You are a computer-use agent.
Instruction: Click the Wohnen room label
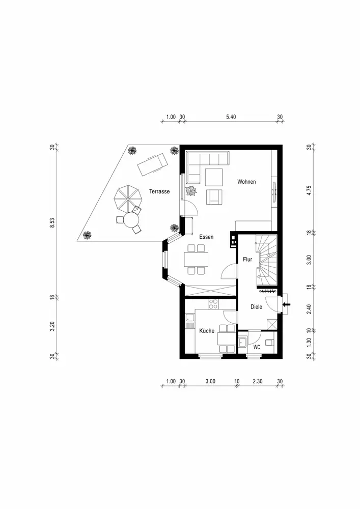(x=246, y=182)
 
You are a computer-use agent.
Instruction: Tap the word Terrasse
(x=159, y=191)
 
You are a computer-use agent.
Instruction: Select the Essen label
(x=206, y=237)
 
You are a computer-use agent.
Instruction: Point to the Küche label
(x=207, y=331)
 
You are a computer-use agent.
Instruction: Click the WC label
(x=257, y=347)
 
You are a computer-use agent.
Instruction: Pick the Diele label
(x=257, y=307)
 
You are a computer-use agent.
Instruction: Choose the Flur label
(x=247, y=260)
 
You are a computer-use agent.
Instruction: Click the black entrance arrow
(x=287, y=304)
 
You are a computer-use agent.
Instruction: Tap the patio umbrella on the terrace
(x=126, y=197)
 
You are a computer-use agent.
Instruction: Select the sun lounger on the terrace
(x=152, y=164)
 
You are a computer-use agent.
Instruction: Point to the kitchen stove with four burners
(x=213, y=304)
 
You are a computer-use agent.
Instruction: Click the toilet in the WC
(x=270, y=342)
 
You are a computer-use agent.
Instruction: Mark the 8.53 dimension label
(x=52, y=223)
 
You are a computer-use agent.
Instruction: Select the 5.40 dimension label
(x=231, y=117)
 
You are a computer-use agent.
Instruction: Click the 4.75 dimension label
(x=309, y=190)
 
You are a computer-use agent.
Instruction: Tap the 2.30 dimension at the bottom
(x=258, y=381)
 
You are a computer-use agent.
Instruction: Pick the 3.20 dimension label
(x=52, y=326)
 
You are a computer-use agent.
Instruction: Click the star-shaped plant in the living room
(x=191, y=190)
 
